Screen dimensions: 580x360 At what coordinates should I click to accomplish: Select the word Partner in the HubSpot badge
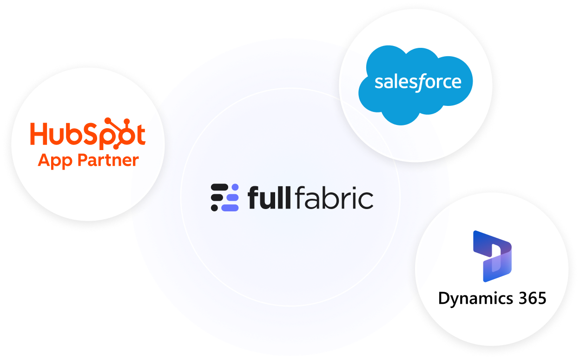pyautogui.click(x=108, y=161)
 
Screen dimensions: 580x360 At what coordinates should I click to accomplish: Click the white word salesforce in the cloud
pyautogui.click(x=418, y=83)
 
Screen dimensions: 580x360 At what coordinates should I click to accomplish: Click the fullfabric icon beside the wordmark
pyautogui.click(x=225, y=198)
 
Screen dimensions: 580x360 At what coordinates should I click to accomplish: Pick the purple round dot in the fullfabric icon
pyautogui.click(x=235, y=187)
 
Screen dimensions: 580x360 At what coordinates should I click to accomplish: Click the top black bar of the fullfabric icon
pyautogui.click(x=220, y=187)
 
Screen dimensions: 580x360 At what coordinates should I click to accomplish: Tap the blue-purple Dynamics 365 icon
pyautogui.click(x=492, y=256)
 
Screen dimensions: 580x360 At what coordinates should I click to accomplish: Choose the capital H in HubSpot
pyautogui.click(x=40, y=133)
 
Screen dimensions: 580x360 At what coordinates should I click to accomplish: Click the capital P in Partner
pyautogui.click(x=82, y=161)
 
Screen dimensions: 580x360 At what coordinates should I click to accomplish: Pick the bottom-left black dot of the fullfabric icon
pyautogui.click(x=215, y=208)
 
